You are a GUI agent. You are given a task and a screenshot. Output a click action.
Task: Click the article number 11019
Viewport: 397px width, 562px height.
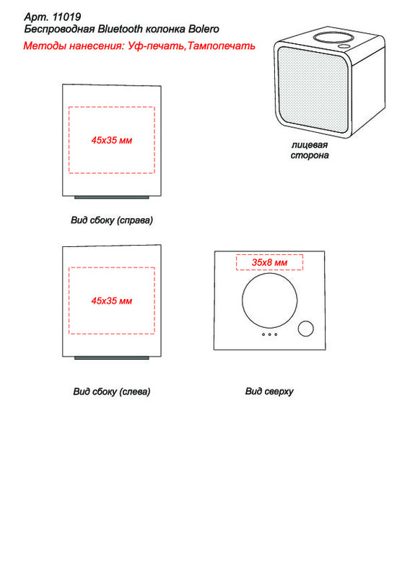pyautogui.click(x=66, y=17)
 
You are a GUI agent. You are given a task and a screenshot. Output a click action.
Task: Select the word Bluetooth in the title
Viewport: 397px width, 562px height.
pyautogui.click(x=121, y=29)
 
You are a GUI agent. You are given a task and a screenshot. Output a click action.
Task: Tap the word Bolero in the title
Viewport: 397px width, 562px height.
pyautogui.click(x=204, y=29)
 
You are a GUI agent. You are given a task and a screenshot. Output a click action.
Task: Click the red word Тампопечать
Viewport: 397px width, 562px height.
pyautogui.click(x=222, y=46)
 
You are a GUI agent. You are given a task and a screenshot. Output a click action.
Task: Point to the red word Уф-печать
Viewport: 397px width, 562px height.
pyautogui.click(x=156, y=46)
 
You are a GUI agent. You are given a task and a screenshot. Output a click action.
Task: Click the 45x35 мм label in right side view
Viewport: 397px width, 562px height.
pyautogui.click(x=112, y=140)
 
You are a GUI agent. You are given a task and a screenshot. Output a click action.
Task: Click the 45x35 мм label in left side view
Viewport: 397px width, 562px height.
pyautogui.click(x=112, y=301)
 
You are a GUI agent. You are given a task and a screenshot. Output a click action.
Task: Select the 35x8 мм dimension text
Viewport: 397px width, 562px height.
pyautogui.click(x=269, y=262)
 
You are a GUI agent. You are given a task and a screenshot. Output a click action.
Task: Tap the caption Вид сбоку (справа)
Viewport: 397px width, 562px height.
pyautogui.click(x=112, y=220)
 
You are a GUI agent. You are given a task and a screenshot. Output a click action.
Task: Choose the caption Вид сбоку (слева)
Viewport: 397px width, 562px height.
pyautogui.click(x=112, y=391)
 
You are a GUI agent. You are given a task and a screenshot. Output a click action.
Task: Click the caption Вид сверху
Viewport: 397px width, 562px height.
pyautogui.click(x=269, y=391)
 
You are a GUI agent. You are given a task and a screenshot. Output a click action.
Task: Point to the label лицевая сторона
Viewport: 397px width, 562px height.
pyautogui.click(x=310, y=150)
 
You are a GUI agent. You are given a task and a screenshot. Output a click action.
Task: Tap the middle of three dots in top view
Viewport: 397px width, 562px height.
pyautogui.click(x=269, y=334)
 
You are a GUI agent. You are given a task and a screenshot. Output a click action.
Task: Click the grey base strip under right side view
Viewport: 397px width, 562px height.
pyautogui.click(x=112, y=197)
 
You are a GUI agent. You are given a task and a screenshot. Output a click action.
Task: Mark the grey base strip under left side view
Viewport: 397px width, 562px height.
pyautogui.click(x=112, y=358)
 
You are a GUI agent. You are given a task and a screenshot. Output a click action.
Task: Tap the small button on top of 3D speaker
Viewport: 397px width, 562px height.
pyautogui.click(x=345, y=46)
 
